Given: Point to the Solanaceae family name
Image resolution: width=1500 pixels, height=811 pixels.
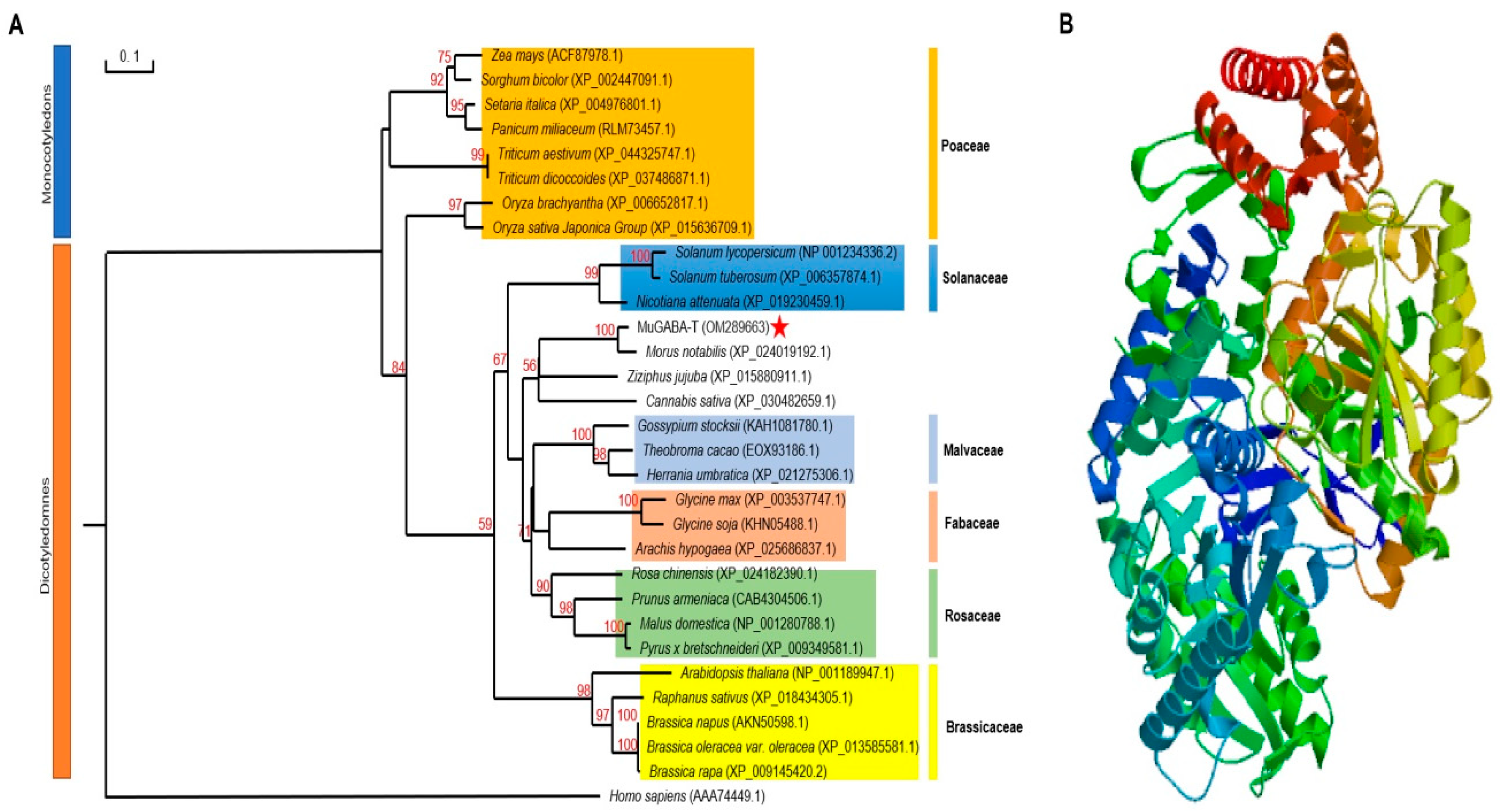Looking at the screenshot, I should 974,278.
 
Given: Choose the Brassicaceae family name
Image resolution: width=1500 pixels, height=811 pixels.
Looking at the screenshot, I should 984,727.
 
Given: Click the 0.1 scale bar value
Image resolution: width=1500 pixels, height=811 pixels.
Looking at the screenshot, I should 129,56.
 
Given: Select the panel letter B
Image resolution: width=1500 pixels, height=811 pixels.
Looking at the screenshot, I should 1066,24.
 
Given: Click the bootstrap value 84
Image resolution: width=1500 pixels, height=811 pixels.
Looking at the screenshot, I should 398,367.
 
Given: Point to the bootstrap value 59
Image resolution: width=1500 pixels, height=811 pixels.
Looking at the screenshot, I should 485,524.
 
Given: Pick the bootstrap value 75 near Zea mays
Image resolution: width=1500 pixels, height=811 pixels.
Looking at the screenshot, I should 444,57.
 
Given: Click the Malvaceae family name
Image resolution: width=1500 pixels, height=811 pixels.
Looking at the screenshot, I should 973,450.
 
